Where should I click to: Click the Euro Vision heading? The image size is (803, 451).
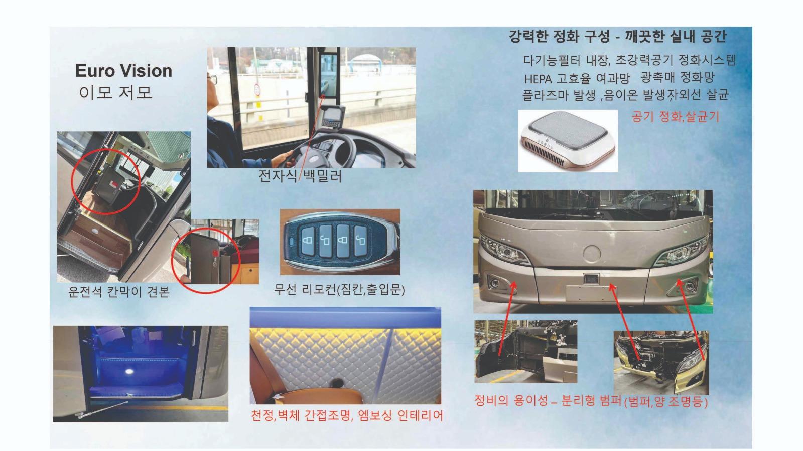click(123, 71)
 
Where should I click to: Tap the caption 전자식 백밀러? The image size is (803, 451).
click(300, 176)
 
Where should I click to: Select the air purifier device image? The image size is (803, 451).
click(568, 141)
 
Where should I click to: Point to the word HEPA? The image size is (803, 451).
click(538, 79)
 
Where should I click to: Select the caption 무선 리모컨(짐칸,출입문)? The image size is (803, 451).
click(339, 289)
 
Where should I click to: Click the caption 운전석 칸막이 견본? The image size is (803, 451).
click(119, 292)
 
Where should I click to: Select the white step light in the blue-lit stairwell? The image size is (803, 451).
click(130, 371)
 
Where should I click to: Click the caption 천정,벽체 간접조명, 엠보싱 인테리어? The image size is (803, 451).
click(346, 416)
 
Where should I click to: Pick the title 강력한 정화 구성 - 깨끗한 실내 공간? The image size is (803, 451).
click(618, 37)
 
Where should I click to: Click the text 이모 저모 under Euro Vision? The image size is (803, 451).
click(115, 93)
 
